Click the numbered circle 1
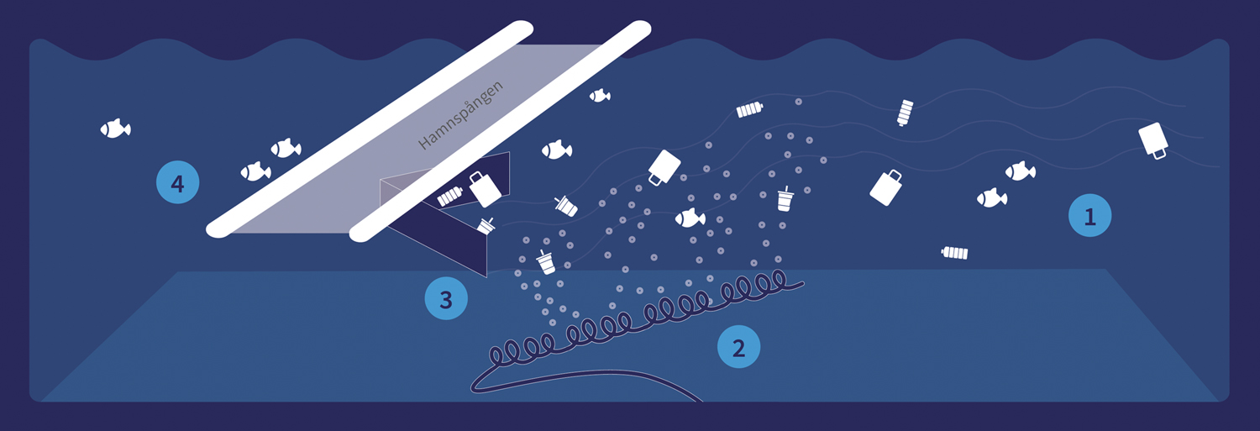point(1089,215)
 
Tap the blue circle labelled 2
point(738,347)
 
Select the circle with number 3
point(446,298)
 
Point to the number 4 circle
point(178,182)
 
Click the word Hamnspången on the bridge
point(460,115)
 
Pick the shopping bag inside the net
point(485,189)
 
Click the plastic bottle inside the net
point(450,197)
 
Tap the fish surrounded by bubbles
point(690,218)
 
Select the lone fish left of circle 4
point(115,129)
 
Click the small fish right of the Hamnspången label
point(600,96)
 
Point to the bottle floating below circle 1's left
point(954,253)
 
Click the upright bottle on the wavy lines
point(905,113)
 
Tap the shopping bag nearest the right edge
point(1153,140)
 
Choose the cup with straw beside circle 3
point(546,263)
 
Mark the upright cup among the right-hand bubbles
point(785,198)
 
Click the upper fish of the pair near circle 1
point(1020,171)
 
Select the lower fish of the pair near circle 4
point(255,171)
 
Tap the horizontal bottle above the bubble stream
point(750,110)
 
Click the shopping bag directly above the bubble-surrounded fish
point(664,168)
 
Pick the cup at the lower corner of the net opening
point(486,226)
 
